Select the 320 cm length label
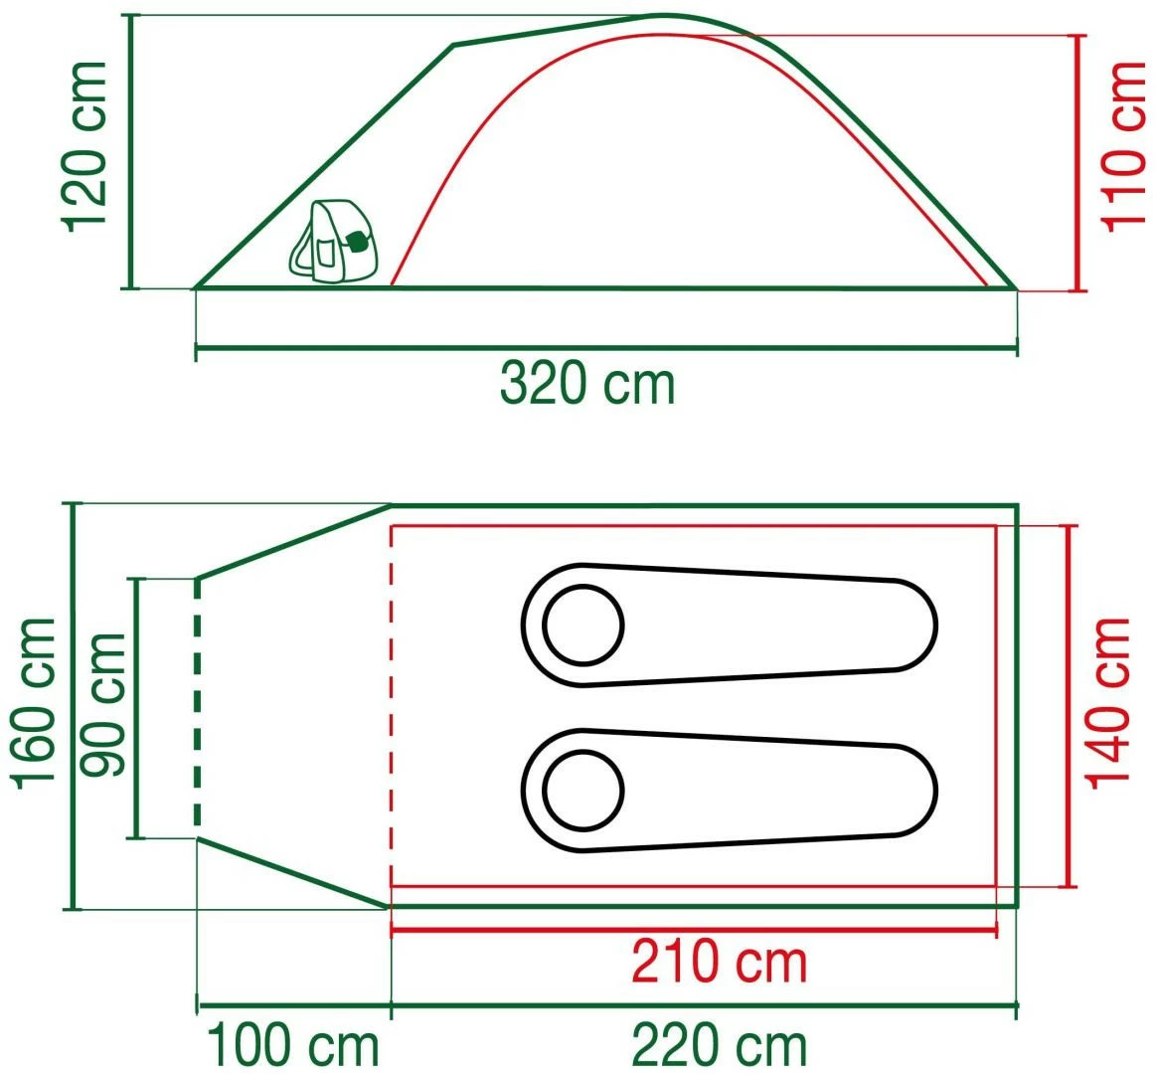(x=587, y=384)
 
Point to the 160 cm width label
(x=36, y=703)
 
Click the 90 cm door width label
(x=103, y=704)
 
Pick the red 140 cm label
(x=1107, y=703)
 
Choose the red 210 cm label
(x=720, y=961)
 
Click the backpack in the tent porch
(x=334, y=241)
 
